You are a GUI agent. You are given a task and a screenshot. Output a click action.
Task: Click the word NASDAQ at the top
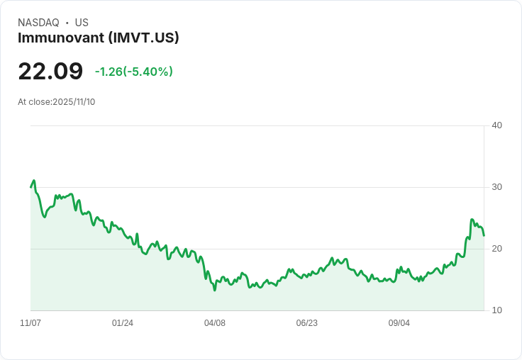point(38,23)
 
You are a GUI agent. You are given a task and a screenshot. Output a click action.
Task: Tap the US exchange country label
point(82,23)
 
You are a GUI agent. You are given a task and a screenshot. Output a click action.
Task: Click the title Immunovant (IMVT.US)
point(98,38)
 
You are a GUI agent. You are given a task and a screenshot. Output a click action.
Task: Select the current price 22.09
point(50,72)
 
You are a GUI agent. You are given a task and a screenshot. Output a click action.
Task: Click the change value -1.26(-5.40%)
point(134,72)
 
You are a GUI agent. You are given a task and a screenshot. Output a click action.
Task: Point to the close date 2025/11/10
point(74,102)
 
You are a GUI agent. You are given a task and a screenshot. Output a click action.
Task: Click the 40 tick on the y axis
point(496,125)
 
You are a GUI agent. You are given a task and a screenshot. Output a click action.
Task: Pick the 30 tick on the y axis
point(496,187)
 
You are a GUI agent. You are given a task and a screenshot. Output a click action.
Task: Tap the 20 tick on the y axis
point(496,249)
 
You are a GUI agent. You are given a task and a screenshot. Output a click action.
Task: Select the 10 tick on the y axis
point(496,310)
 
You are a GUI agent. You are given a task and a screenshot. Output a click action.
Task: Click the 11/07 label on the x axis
point(30,323)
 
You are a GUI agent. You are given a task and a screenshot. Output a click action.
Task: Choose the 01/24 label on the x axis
point(123,323)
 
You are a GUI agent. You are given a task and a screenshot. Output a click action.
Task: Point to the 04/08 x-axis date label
point(215,323)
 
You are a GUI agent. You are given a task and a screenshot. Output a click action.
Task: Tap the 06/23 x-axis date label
point(307,323)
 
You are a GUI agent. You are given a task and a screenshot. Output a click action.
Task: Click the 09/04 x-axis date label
point(399,323)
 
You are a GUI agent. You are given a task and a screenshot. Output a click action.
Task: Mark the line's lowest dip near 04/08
point(214,290)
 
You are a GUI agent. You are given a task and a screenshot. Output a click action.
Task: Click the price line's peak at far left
point(33,181)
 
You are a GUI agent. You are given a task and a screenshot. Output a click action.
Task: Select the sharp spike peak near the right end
point(472,220)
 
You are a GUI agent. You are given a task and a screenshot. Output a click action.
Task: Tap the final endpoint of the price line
point(484,235)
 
